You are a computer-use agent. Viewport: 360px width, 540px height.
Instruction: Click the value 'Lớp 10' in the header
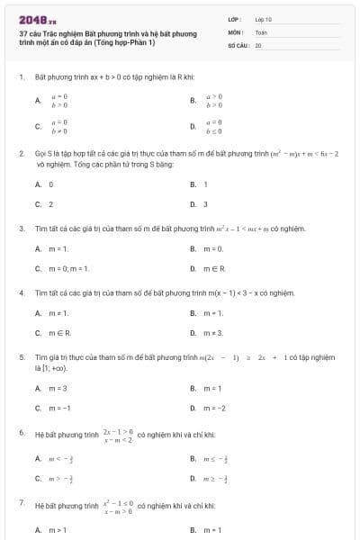coord(263,18)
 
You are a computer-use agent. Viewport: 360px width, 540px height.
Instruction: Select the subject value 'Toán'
coord(261,31)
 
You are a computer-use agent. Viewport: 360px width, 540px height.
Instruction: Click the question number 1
coord(21,77)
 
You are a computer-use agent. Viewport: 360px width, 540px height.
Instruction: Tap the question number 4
coord(21,292)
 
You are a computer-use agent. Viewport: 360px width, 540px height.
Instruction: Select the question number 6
coord(21,433)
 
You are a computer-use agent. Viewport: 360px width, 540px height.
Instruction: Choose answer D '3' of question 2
coord(205,204)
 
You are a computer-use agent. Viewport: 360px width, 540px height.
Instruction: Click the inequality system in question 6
coord(119,436)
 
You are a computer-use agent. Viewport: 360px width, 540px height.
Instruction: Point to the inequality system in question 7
coord(119,506)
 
